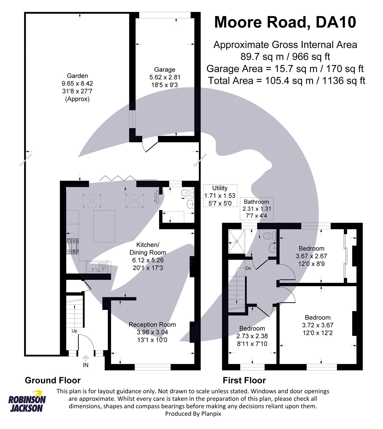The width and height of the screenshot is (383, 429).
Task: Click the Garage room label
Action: tap(165, 70)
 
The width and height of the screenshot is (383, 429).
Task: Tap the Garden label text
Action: tap(77, 76)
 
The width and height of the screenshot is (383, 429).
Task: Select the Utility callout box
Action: tap(220, 196)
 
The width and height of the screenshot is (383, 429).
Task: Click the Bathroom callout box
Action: tap(257, 209)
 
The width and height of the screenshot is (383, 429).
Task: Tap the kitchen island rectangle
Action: tap(104, 226)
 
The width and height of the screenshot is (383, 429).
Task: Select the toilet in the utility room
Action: tap(187, 192)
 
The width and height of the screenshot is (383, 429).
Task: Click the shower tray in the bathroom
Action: tap(237, 241)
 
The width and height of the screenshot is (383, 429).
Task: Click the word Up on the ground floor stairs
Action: tap(74, 331)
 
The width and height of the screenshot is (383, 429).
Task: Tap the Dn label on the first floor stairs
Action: tap(248, 268)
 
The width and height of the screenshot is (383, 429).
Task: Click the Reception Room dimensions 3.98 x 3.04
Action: tap(152, 332)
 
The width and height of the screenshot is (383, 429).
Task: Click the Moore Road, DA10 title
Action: tap(285, 22)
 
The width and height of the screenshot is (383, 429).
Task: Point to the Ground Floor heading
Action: tap(53, 380)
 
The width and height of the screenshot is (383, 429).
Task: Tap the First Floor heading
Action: tap(244, 380)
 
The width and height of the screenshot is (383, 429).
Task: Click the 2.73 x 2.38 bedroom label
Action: tap(252, 336)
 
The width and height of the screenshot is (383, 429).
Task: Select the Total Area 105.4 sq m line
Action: tap(286, 80)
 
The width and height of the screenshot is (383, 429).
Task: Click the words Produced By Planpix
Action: tap(193, 414)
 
